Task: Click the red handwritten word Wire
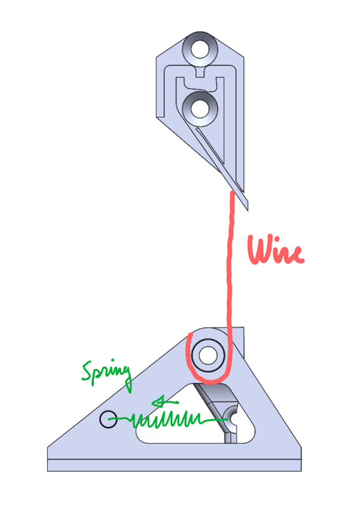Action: tap(276, 250)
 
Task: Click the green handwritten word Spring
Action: tap(107, 375)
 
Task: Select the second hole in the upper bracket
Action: tap(200, 109)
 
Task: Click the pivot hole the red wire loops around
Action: tap(208, 356)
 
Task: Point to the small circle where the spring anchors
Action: tap(108, 419)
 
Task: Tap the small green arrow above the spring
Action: tap(165, 402)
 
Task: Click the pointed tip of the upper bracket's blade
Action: tap(248, 210)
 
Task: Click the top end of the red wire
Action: tap(232, 193)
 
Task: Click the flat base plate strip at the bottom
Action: tap(174, 465)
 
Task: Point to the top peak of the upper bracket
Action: tap(200, 32)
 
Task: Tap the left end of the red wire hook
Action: tap(190, 335)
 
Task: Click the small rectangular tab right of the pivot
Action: tap(238, 342)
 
